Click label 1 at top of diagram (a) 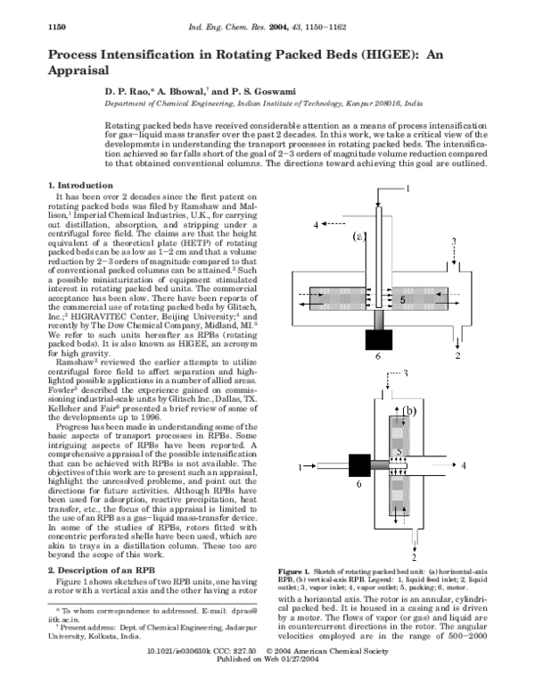pyautogui.click(x=408, y=188)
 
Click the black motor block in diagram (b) pyautogui.click(x=360, y=466)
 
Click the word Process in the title pyautogui.click(x=75, y=55)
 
